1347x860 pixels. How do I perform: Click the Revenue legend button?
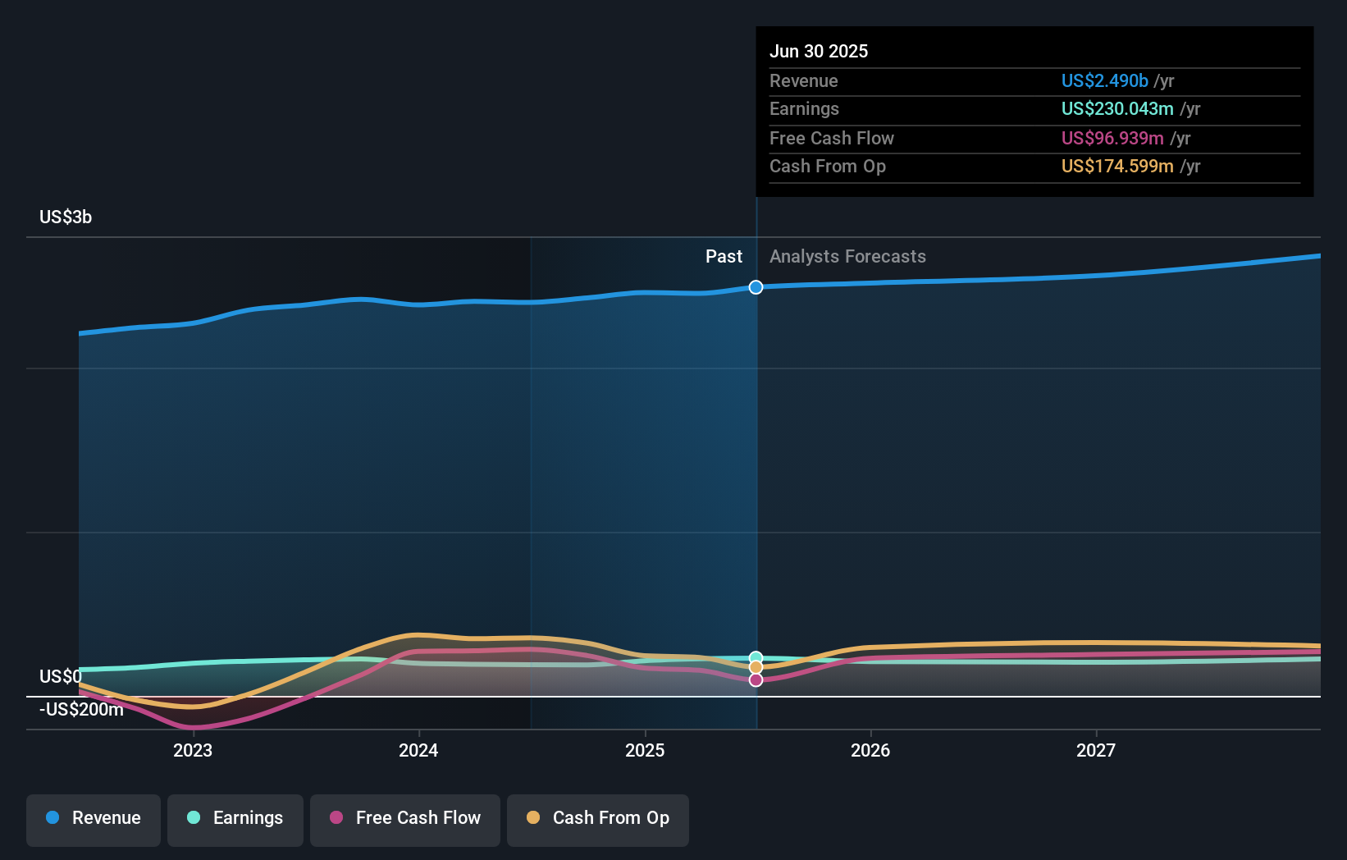pyautogui.click(x=94, y=818)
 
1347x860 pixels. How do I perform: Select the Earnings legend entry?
pyautogui.click(x=235, y=818)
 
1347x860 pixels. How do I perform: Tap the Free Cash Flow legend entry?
pyautogui.click(x=405, y=818)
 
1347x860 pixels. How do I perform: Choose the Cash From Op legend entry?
pyautogui.click(x=598, y=818)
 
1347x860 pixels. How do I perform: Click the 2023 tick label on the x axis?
pyautogui.click(x=193, y=751)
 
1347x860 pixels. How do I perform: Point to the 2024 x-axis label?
pyautogui.click(x=418, y=751)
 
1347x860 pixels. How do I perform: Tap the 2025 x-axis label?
pyautogui.click(x=645, y=751)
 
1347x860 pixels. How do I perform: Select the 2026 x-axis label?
pyautogui.click(x=870, y=751)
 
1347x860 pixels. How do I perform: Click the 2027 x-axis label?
pyautogui.click(x=1096, y=751)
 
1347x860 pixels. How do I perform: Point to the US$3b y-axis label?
pyautogui.click(x=66, y=217)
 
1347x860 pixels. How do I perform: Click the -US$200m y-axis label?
pyautogui.click(x=81, y=710)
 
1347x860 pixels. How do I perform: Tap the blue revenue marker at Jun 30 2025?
pyautogui.click(x=756, y=287)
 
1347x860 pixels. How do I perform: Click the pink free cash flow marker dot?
pyautogui.click(x=756, y=680)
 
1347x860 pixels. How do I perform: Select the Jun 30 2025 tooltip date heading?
pyautogui.click(x=819, y=52)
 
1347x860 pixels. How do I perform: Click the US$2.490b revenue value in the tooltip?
pyautogui.click(x=1104, y=81)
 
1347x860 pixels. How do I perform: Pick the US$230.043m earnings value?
pyautogui.click(x=1116, y=109)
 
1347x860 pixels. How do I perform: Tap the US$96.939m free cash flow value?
pyautogui.click(x=1112, y=139)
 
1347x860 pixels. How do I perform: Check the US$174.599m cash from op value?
pyautogui.click(x=1116, y=167)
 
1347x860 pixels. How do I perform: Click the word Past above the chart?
pyautogui.click(x=724, y=257)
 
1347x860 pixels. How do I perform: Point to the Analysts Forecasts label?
pyautogui.click(x=847, y=257)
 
